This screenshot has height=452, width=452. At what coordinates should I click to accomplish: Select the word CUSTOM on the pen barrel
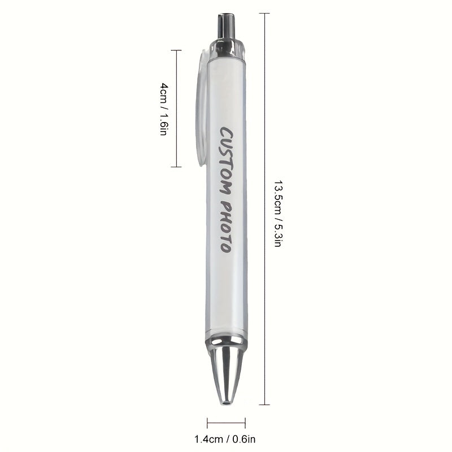(x=227, y=162)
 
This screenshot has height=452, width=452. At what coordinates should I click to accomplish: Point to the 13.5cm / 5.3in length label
(x=277, y=214)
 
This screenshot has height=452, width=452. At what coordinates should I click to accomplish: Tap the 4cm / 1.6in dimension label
(x=164, y=109)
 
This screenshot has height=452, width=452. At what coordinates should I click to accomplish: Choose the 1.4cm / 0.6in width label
(x=225, y=440)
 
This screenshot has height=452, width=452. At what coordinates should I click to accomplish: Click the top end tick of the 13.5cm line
(x=264, y=13)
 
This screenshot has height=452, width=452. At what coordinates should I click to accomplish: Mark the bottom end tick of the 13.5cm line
(x=264, y=405)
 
